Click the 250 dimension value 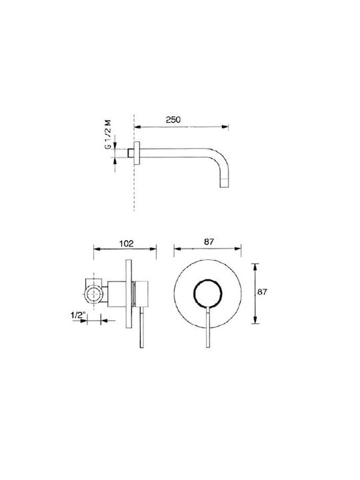(173, 120)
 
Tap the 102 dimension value (127, 244)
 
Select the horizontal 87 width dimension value (209, 242)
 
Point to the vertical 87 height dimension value (262, 292)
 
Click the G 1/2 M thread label (107, 135)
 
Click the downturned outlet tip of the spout (225, 183)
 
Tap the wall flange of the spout (137, 153)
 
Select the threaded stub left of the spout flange (131, 153)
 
